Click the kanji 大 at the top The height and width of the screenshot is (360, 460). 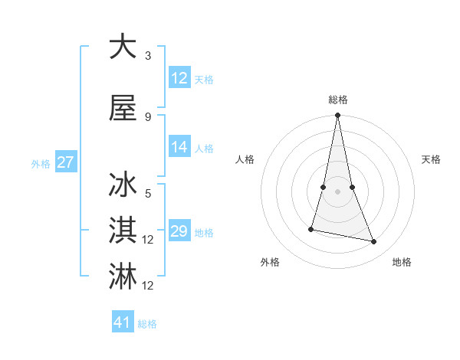[x=123, y=47]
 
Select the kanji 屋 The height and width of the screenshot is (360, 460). [x=123, y=109]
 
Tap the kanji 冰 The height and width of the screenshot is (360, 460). [x=123, y=186]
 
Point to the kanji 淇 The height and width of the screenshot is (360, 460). [x=123, y=231]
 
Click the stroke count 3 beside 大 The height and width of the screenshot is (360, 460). [x=148, y=56]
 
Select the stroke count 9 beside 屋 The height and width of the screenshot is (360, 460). [x=148, y=117]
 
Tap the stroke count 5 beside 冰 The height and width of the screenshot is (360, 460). [x=148, y=195]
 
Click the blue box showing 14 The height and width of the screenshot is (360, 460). [x=179, y=148]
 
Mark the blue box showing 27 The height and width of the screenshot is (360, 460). [x=65, y=162]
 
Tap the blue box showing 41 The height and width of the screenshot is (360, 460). [x=123, y=322]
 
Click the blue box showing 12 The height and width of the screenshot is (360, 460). [x=179, y=78]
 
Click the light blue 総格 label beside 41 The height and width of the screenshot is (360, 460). [x=147, y=324]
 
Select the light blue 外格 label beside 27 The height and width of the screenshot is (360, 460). [x=41, y=163]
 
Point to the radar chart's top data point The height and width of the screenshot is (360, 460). [x=337, y=116]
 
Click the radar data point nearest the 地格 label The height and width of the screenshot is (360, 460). [x=374, y=242]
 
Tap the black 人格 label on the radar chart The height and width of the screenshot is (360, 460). [x=245, y=159]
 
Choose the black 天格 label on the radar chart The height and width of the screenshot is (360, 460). [x=432, y=159]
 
